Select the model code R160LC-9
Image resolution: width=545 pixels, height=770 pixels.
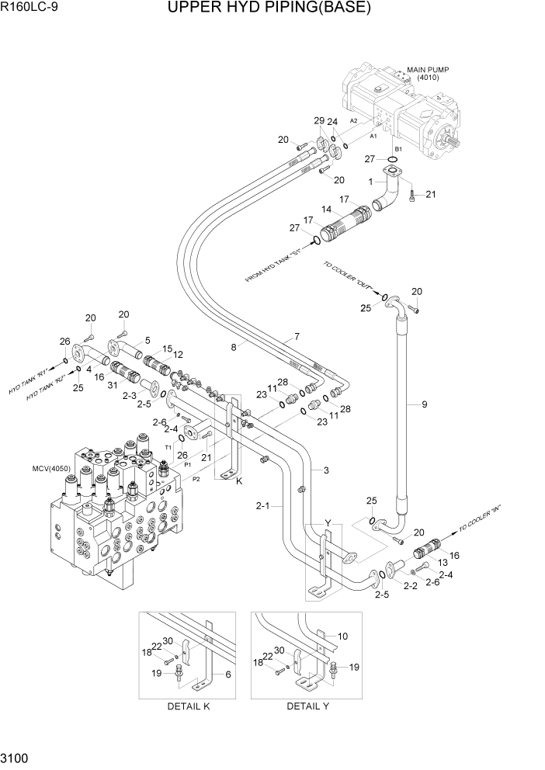[30, 9]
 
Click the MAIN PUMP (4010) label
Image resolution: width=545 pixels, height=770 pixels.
[428, 73]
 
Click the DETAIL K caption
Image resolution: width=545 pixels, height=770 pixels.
[188, 706]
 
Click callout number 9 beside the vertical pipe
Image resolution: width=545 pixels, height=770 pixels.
[425, 404]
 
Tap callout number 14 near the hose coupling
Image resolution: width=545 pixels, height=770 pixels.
[326, 210]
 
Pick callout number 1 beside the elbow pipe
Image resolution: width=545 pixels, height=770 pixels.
[371, 182]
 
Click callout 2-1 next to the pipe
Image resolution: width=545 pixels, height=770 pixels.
[262, 506]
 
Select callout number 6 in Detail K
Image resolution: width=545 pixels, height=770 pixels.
[228, 675]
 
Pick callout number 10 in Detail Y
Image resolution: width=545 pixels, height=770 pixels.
[342, 636]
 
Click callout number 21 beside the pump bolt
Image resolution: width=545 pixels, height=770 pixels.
[430, 194]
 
